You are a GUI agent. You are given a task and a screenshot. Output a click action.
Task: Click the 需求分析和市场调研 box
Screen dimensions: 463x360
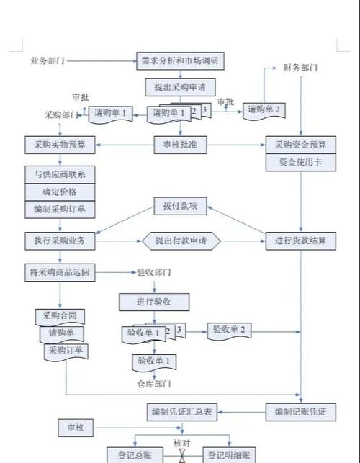(x=180, y=60)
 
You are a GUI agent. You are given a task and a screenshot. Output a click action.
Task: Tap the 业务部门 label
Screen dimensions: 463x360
(x=48, y=60)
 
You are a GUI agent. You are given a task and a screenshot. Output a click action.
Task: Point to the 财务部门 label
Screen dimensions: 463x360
(x=301, y=68)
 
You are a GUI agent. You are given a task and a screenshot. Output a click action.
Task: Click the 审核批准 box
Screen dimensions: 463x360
(x=180, y=145)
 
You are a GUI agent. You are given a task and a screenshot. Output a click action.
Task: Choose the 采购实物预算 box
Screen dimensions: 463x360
(x=60, y=145)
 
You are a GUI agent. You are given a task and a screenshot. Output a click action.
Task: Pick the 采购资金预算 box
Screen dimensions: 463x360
(x=300, y=145)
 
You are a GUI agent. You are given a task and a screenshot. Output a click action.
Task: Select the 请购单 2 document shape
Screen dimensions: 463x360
(x=264, y=109)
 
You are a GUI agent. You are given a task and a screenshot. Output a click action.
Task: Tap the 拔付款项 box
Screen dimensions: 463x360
(x=180, y=207)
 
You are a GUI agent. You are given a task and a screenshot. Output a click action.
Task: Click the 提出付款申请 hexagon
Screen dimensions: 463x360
(x=180, y=241)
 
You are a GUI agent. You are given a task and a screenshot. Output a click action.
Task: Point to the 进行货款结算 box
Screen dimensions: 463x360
(x=300, y=241)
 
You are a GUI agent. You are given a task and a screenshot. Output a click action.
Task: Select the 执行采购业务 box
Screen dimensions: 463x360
(x=60, y=241)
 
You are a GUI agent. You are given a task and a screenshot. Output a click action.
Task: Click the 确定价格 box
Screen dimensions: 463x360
(x=60, y=192)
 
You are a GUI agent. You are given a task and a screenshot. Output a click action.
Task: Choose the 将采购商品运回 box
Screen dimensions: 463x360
(x=60, y=272)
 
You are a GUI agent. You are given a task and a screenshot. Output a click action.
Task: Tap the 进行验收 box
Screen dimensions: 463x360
(x=153, y=300)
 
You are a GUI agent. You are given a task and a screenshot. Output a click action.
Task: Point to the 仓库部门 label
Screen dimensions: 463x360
(x=153, y=383)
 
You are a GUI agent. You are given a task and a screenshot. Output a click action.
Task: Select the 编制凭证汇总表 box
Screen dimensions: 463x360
(x=181, y=412)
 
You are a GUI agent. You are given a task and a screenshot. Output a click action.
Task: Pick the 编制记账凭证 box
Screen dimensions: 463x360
(x=300, y=412)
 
